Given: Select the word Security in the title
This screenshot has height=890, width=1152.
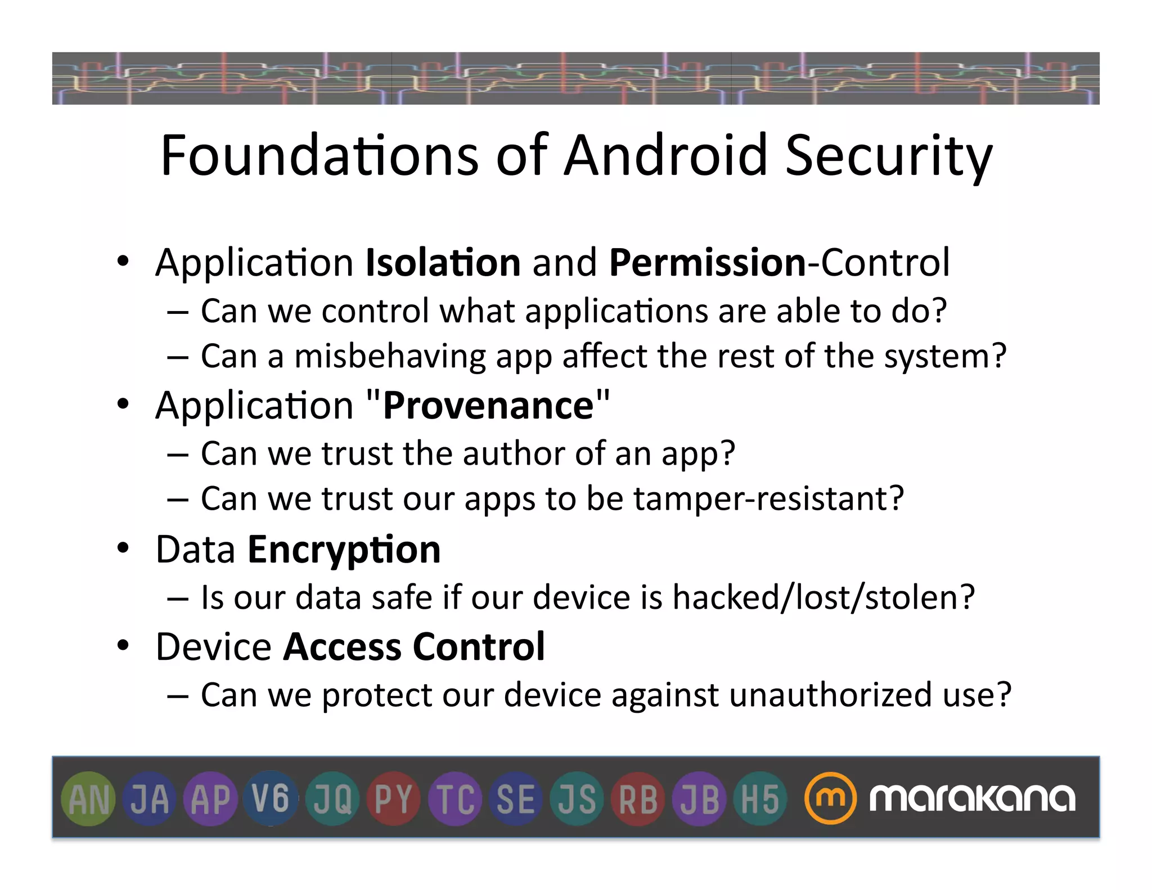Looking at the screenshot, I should [889, 156].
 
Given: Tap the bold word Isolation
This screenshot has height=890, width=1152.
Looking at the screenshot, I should [443, 263].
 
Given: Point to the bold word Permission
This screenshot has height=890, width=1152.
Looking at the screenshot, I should [708, 263].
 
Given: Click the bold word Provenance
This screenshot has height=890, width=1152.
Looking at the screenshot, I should [488, 406].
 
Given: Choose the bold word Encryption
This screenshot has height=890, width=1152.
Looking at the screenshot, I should [344, 550].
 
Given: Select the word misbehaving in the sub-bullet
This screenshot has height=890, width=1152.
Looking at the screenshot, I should [390, 357].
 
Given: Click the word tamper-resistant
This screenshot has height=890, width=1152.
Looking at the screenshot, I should [768, 499].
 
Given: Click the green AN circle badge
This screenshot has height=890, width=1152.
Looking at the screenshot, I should [88, 799].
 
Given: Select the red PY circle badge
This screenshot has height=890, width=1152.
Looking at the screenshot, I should [394, 799].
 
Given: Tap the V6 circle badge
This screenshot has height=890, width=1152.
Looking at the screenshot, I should [271, 799].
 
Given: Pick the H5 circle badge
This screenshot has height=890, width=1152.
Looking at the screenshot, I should [760, 799].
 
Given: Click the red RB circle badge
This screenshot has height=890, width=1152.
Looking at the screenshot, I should [638, 799].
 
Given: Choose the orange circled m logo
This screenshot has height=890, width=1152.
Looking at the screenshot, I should [830, 798].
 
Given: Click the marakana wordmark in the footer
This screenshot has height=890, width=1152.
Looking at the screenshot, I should [972, 798].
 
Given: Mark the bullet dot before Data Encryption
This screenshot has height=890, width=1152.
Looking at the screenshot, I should [123, 549].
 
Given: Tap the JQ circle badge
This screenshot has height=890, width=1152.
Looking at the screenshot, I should [332, 799].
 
